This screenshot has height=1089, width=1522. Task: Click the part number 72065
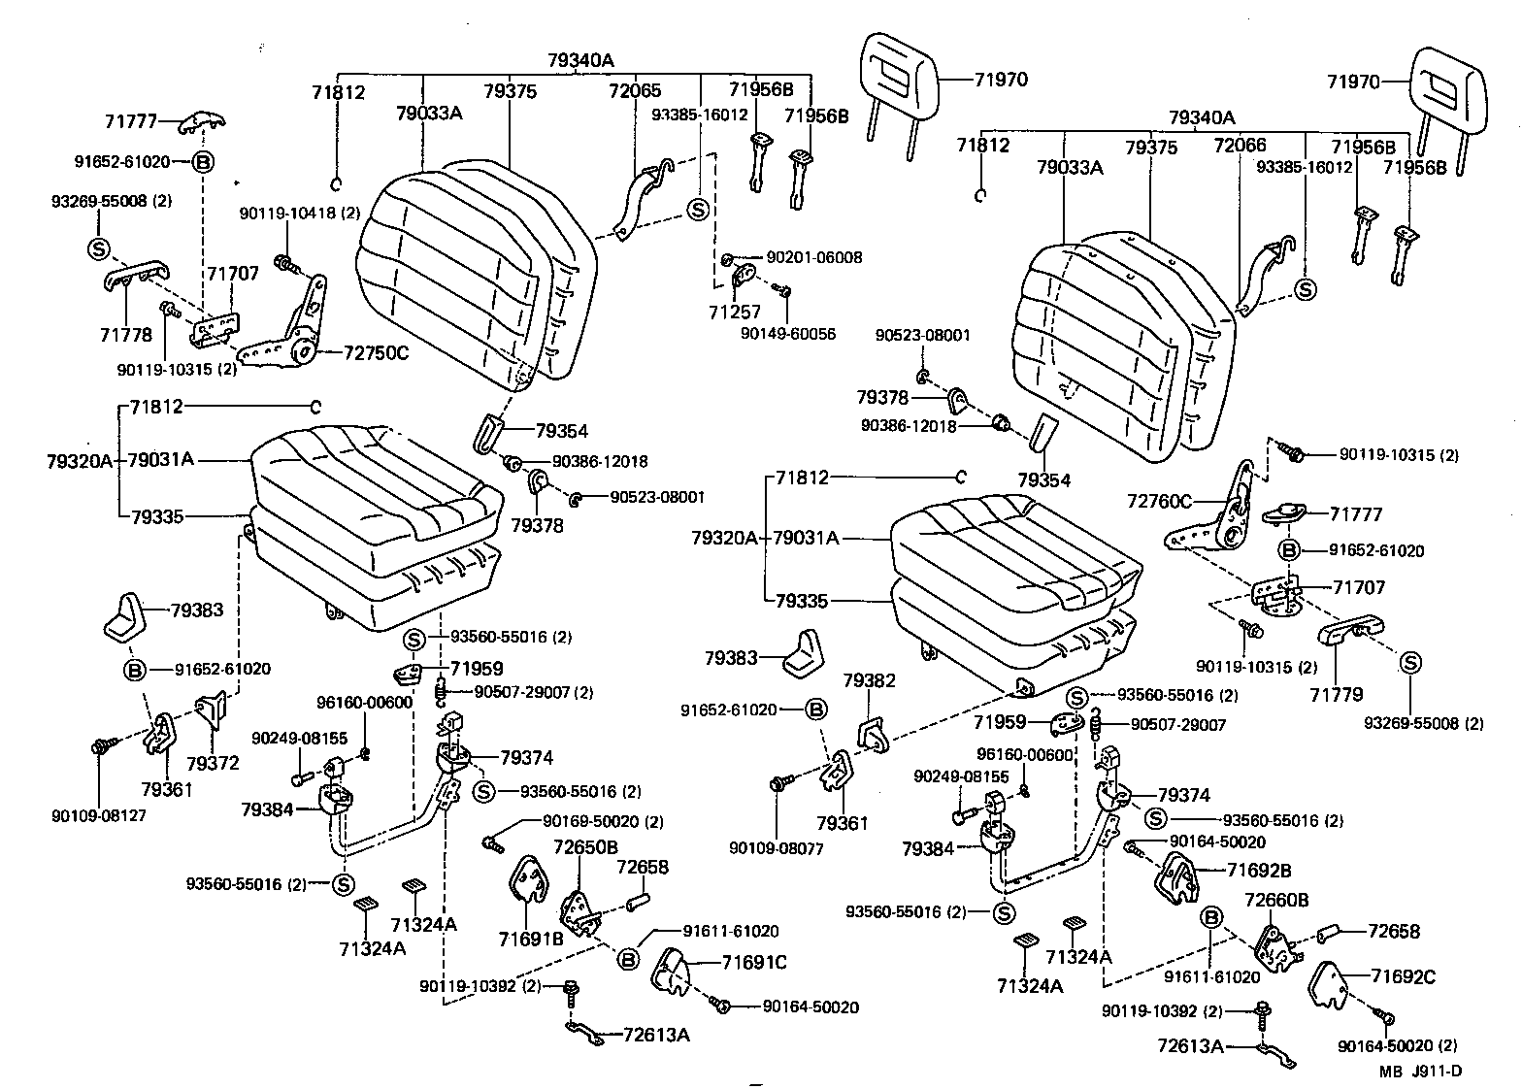point(635,91)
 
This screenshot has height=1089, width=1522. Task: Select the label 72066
point(1240,146)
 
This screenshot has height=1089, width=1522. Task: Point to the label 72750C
point(377,352)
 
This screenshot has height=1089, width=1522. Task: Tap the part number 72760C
point(1159,501)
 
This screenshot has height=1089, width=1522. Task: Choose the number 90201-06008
point(813,258)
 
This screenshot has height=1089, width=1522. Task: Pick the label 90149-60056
point(787,333)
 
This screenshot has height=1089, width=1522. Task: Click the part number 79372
point(213,764)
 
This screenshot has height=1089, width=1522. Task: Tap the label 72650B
point(585,847)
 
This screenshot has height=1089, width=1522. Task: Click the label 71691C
point(754,962)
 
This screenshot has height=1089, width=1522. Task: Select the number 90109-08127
point(99,815)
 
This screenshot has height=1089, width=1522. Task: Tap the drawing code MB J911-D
point(1422,1072)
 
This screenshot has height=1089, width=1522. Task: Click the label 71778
point(126,335)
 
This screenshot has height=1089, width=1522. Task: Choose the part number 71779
point(1336,694)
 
